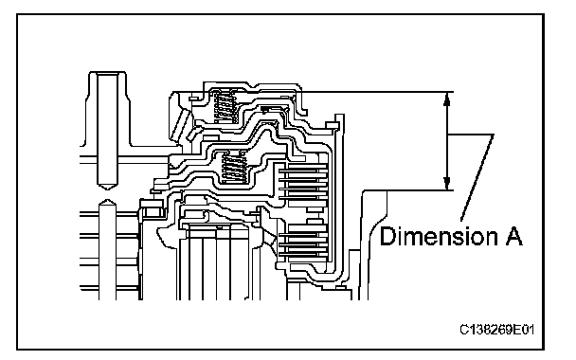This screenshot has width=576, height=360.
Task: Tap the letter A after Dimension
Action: point(513,236)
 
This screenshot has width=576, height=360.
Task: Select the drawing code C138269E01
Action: point(496,330)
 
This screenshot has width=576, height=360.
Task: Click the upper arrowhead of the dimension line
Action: point(447,99)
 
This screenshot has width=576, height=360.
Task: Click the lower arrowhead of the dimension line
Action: point(447,184)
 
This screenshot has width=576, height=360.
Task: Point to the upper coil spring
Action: point(225,106)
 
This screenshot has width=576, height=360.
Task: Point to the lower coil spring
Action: point(234,168)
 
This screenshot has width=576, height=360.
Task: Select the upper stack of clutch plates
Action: point(303,182)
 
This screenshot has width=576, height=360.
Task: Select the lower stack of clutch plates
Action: point(303,240)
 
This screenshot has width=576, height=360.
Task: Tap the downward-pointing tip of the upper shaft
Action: point(107,189)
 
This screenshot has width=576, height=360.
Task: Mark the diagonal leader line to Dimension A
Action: point(477,178)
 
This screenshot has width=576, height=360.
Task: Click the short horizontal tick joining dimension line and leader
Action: point(470,135)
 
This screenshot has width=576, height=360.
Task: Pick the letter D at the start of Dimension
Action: point(387,236)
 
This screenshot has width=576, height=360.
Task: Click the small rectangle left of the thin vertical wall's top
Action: point(332,126)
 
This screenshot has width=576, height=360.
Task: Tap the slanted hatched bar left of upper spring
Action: point(180,125)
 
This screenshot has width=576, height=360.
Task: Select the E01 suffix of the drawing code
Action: point(523,330)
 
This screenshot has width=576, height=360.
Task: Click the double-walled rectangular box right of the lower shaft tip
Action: point(153,212)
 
